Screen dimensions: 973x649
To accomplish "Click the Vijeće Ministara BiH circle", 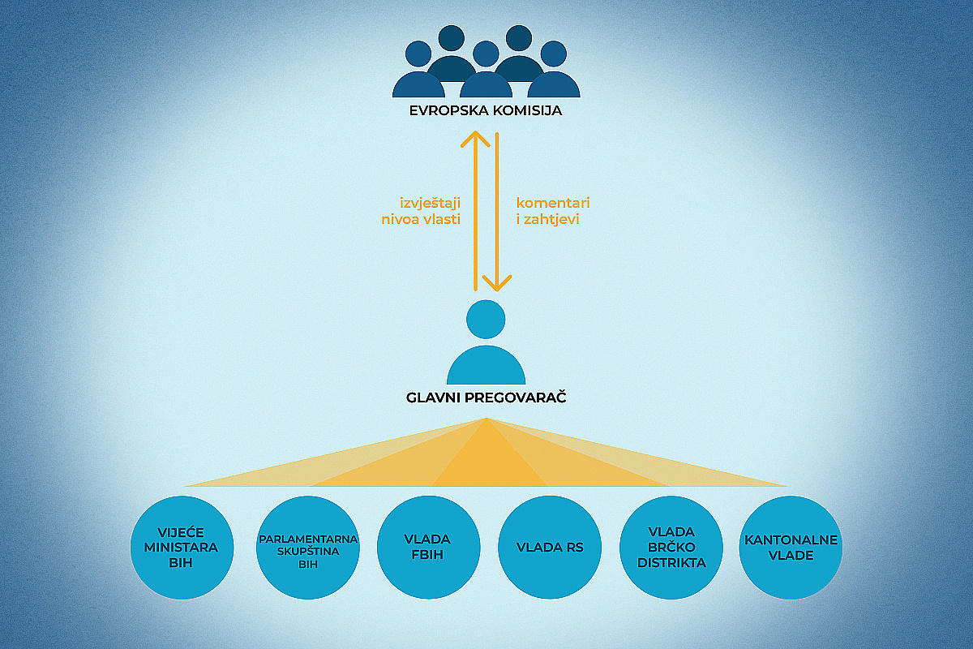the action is [x=182, y=548].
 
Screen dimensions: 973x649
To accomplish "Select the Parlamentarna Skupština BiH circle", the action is [x=308, y=548].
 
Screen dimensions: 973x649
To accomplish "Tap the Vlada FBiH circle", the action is [x=428, y=548].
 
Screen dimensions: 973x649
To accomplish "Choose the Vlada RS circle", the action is [x=550, y=548].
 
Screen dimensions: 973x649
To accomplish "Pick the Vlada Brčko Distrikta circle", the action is [x=671, y=548].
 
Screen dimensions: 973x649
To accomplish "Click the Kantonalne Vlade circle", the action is [x=791, y=548].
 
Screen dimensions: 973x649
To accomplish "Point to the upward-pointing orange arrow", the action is [x=476, y=211].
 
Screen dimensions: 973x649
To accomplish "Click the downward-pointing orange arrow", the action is [x=497, y=212].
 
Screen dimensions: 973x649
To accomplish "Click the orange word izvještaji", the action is [x=430, y=204].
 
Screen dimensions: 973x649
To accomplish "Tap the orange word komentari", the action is [x=553, y=203].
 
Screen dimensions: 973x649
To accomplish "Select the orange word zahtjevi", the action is [x=551, y=220].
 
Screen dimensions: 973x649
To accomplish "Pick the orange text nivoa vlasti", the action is [x=421, y=220].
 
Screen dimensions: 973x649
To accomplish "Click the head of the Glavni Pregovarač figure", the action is [x=486, y=319].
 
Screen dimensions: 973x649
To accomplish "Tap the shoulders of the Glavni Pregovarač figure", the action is [x=486, y=365].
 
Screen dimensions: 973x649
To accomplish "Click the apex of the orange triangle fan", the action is [x=486, y=418].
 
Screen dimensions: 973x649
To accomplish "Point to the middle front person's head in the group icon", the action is [x=486, y=54].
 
